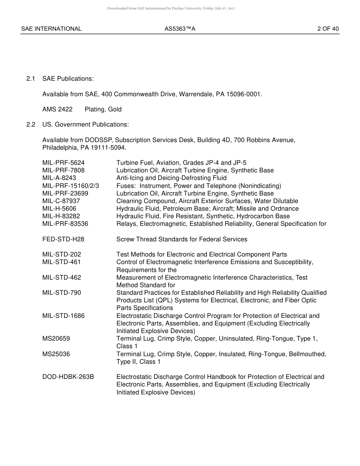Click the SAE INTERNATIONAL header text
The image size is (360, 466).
pos(51,29)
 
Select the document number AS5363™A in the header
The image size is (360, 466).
pos(180,29)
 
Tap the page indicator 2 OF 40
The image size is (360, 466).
pos(328,29)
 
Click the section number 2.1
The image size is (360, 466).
pos(31,79)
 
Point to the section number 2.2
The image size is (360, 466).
pos(31,125)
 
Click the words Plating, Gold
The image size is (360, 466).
pos(103,109)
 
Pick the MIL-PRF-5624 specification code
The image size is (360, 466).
pos(63,163)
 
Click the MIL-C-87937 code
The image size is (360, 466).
pos(61,201)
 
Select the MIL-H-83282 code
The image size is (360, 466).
pos(61,216)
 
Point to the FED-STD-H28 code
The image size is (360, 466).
pos(63,239)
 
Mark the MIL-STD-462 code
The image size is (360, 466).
pos(61,278)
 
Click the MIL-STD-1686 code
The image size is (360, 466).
pos(63,316)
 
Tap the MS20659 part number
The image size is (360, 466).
pos(56,339)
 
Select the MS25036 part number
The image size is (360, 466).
pos(56,354)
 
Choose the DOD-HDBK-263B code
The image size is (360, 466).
pos(68,377)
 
